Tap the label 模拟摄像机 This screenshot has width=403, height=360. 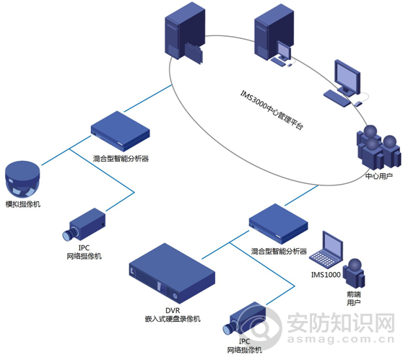tap(23, 205)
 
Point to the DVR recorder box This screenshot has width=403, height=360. tap(171, 273)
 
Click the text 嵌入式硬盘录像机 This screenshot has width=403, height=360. tap(172, 318)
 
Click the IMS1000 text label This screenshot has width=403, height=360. tap(324, 275)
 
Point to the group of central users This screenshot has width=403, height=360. tap(377, 148)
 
